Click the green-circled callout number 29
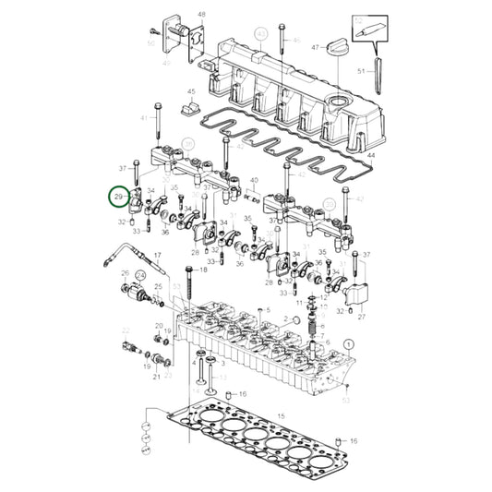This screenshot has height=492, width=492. [x=118, y=198]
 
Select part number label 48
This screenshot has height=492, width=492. [x=201, y=15]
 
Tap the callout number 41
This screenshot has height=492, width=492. [x=144, y=119]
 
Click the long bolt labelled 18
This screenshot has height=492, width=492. [x=189, y=272]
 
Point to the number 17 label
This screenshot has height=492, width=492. [x=158, y=256]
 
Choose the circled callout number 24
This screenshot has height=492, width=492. [x=140, y=274]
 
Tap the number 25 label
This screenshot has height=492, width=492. [x=158, y=287]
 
